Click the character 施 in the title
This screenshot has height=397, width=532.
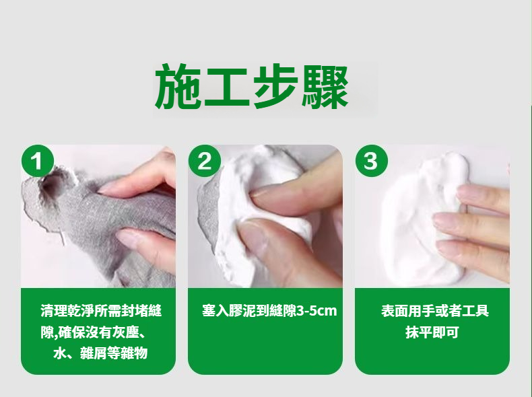179,86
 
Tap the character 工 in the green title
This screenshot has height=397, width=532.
228,87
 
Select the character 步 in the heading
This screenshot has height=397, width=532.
275,86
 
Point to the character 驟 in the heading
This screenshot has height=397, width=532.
325,86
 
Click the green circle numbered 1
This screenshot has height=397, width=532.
38,161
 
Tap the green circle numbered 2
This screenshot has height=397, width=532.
205,161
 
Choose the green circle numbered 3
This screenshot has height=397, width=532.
372,161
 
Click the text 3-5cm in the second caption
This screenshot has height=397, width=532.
317,311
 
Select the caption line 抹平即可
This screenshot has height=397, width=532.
432,332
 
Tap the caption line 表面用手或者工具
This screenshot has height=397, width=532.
434,311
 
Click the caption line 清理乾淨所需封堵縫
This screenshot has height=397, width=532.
101,311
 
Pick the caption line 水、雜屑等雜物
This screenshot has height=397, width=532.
100,354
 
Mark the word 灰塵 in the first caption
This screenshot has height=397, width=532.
125,332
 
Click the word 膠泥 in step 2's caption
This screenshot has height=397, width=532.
242,311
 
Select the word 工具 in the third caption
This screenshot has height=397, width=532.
475,311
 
